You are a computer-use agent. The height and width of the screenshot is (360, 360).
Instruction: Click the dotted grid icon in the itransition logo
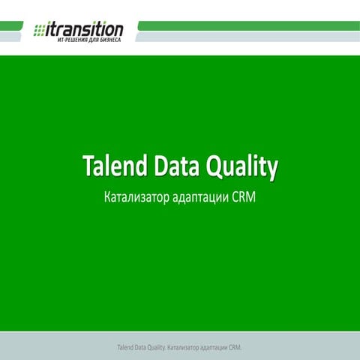[x=40, y=30]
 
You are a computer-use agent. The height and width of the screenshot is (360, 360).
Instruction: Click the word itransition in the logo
[x=85, y=28]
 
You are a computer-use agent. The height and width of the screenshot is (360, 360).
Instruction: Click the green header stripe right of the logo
[x=247, y=25]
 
